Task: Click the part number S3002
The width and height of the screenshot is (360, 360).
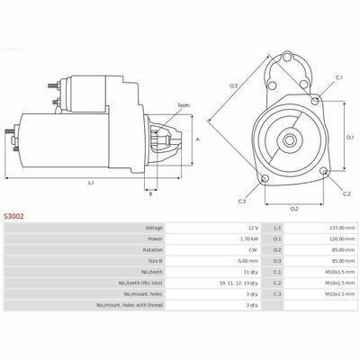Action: click(x=13, y=216)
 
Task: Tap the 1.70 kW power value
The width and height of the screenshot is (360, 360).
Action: click(x=249, y=239)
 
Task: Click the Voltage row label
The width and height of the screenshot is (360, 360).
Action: click(x=154, y=228)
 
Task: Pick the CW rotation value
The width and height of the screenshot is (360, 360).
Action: click(x=255, y=250)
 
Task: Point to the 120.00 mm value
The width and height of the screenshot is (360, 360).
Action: click(x=343, y=239)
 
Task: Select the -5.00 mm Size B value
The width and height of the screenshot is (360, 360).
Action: click(x=247, y=261)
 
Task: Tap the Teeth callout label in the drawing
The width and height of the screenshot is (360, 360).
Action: click(x=184, y=105)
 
